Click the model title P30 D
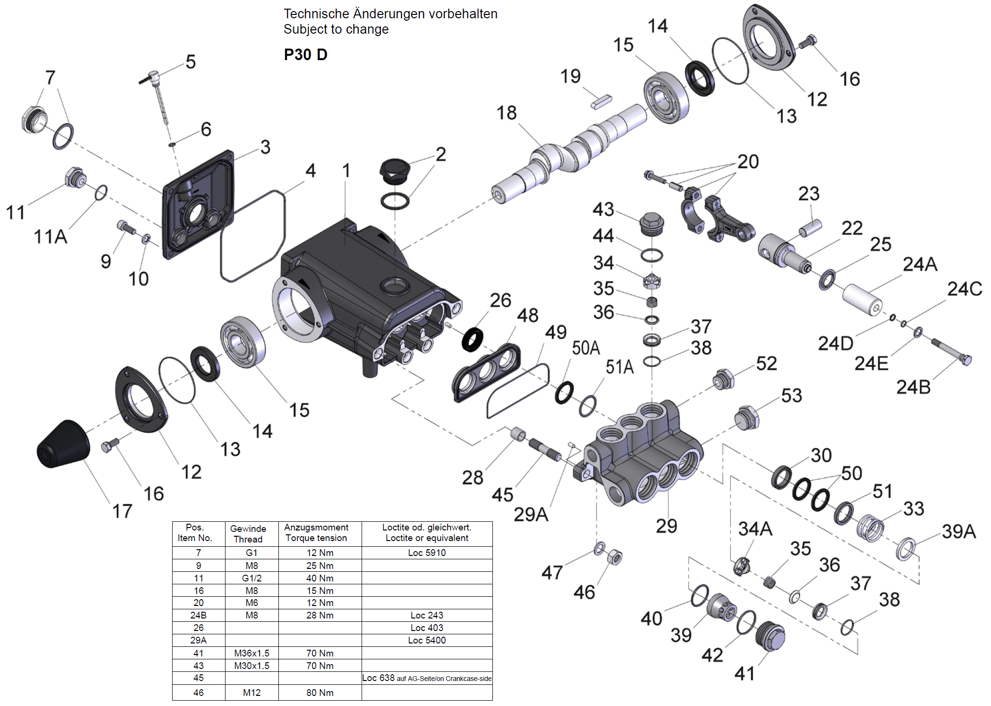[305, 55]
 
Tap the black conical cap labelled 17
[63, 444]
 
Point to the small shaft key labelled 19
[602, 102]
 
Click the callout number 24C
[964, 289]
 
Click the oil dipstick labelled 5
[159, 96]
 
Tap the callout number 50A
[586, 348]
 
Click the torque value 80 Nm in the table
[320, 693]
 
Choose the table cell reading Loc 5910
[427, 553]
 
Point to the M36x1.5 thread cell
[251, 653]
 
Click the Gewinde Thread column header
[248, 534]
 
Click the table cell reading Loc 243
[427, 615]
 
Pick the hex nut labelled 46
[615, 557]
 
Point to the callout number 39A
[958, 531]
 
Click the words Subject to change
[336, 29]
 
